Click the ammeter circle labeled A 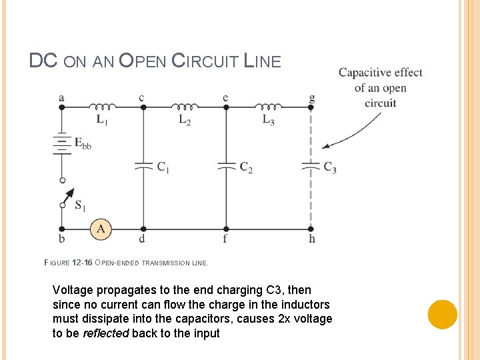(x=101, y=229)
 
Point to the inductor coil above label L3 (x=268, y=107)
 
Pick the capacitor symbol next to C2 (x=226, y=165)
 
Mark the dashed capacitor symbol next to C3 (x=311, y=165)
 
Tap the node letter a (x=61, y=98)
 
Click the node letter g (x=311, y=98)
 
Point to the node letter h (x=312, y=239)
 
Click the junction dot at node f (x=226, y=229)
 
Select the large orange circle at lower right (x=442, y=314)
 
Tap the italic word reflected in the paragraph (x=106, y=333)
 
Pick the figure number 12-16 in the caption (x=81, y=263)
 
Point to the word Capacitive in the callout (x=364, y=73)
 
